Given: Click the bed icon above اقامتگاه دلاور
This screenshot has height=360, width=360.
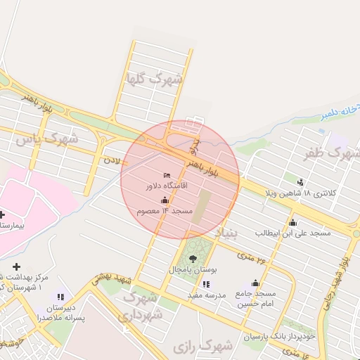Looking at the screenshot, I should point(167,175).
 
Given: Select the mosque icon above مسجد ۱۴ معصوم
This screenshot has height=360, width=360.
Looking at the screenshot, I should point(165,200).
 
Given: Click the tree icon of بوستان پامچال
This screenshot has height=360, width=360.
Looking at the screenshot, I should point(193,259).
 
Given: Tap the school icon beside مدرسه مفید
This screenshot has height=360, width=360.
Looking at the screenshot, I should point(205,284).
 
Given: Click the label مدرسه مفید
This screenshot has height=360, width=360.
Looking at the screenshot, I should point(206,295).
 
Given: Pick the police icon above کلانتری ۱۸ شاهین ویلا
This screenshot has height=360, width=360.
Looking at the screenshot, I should point(301,182).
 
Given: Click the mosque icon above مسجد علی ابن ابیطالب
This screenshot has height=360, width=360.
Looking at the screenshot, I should point(292,223).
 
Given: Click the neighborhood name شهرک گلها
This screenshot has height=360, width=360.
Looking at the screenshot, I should point(154,79).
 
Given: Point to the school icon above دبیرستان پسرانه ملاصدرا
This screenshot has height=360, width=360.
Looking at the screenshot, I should point(60,297).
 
